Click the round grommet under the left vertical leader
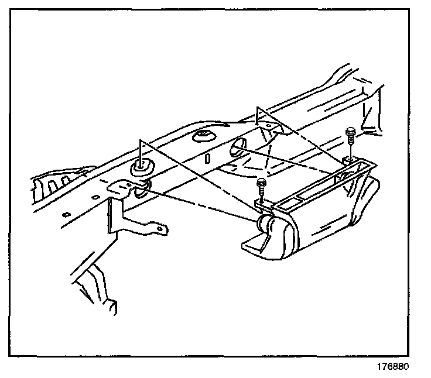[x=141, y=167]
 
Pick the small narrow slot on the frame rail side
[x=207, y=159]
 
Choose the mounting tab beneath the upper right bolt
[x=350, y=159]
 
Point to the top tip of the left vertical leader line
[x=140, y=141]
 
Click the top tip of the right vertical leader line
[x=258, y=107]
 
